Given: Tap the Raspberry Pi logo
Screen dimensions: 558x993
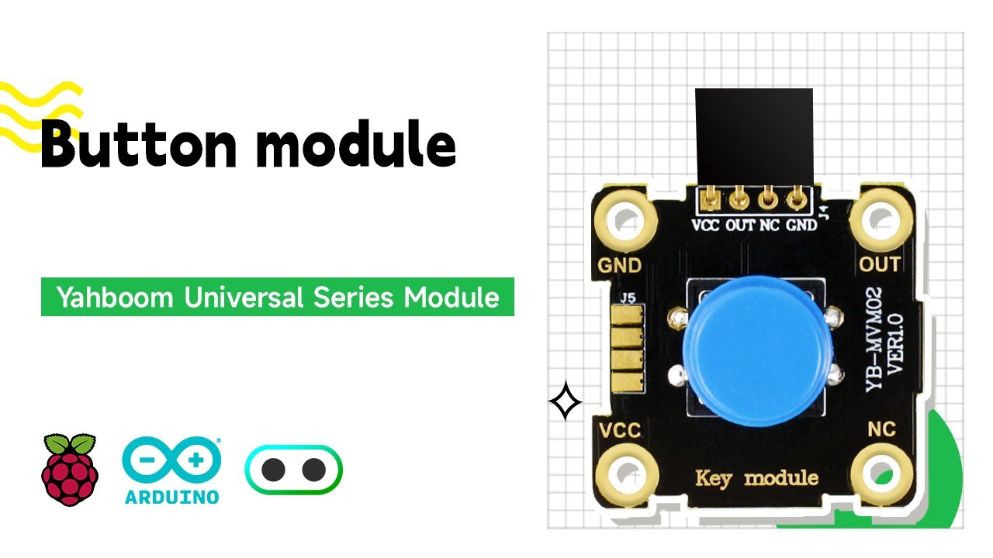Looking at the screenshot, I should (71, 470).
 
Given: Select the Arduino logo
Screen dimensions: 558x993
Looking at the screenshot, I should (171, 470).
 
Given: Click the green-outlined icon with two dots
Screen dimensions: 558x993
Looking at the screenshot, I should (293, 470).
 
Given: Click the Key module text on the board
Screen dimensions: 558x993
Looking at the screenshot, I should (756, 477).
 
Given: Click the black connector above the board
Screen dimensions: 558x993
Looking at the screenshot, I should (753, 136).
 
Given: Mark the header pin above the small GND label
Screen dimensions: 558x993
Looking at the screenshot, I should (796, 201).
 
